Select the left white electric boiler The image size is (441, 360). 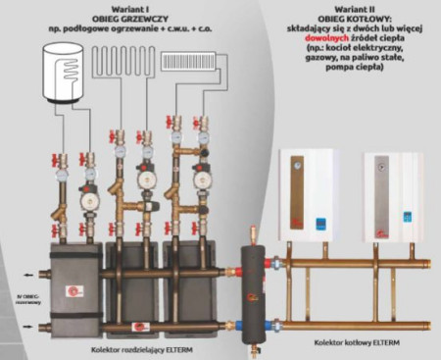[307, 194]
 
